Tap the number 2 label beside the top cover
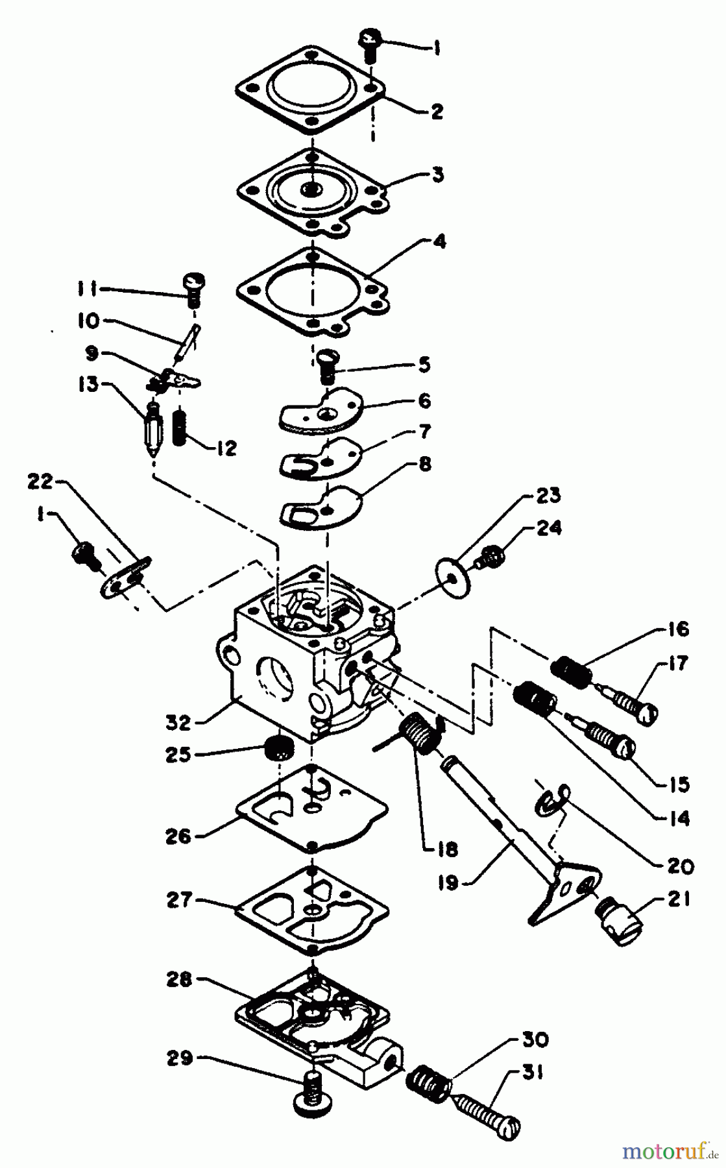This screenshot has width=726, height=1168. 437,111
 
